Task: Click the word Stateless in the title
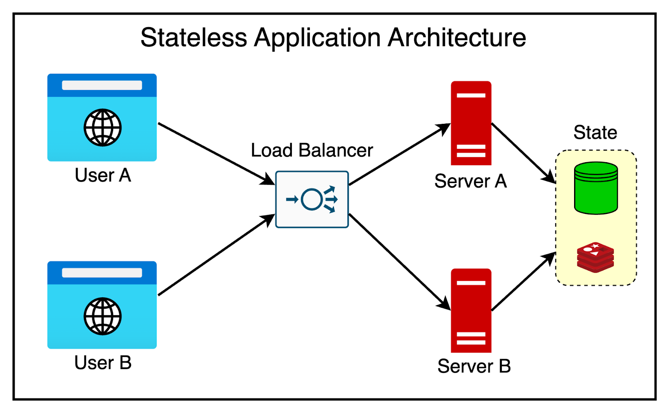tap(193, 38)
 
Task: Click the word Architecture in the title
tap(457, 38)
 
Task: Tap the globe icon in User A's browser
tap(102, 128)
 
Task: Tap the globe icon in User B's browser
tap(102, 316)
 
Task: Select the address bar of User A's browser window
tap(102, 85)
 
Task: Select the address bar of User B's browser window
tap(102, 273)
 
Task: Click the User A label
tap(103, 175)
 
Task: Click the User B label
tap(103, 362)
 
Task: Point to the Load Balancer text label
tap(311, 150)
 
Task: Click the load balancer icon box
tap(312, 199)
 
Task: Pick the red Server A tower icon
tap(471, 123)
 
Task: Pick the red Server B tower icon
tap(471, 311)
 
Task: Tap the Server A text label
tap(471, 181)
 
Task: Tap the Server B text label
tap(474, 366)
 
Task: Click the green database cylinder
tap(596, 188)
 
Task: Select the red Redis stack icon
tap(595, 257)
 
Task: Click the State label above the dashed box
tap(595, 132)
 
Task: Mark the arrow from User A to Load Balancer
tap(215, 153)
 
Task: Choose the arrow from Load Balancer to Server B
tap(399, 261)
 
